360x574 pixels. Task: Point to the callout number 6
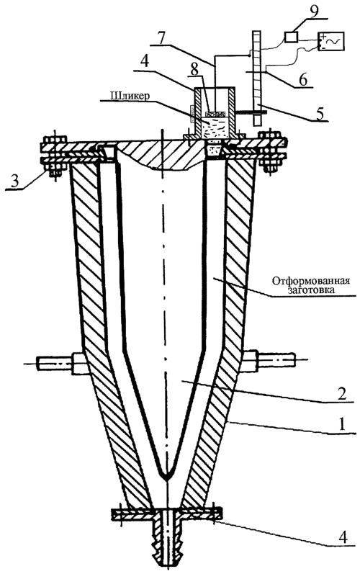[302, 79]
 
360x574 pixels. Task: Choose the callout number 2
[341, 393]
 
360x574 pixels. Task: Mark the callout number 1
[341, 425]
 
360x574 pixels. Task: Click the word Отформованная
[310, 281]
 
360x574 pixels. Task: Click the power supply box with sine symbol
[330, 41]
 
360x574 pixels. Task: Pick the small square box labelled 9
[291, 37]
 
